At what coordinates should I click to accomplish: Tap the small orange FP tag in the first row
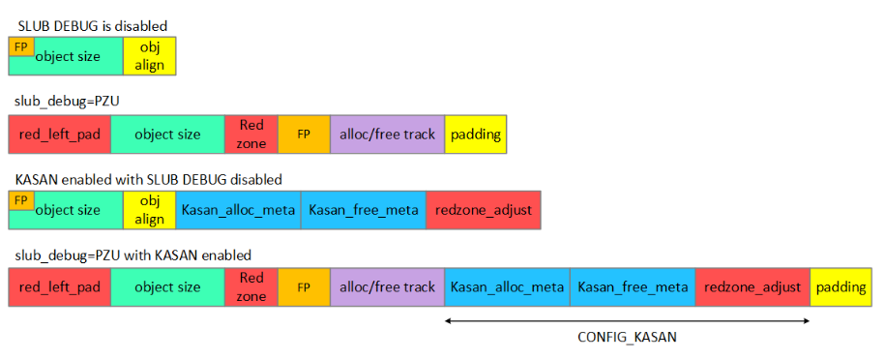click(x=18, y=45)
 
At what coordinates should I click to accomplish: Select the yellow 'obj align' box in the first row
click(x=149, y=56)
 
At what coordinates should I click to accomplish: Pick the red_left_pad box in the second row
click(x=59, y=134)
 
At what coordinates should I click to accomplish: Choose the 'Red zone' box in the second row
click(x=251, y=134)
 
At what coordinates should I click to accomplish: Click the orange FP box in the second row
click(x=304, y=134)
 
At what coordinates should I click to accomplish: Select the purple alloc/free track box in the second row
click(x=387, y=134)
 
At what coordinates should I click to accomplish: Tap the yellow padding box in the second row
click(x=475, y=134)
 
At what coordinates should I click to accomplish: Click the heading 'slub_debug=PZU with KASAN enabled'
click(x=133, y=255)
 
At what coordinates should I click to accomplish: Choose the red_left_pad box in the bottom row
click(x=59, y=287)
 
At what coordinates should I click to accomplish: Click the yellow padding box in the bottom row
click(x=841, y=287)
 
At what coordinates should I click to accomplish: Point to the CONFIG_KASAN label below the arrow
click(x=626, y=339)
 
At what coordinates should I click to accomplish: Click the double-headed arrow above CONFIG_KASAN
click(x=626, y=321)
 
